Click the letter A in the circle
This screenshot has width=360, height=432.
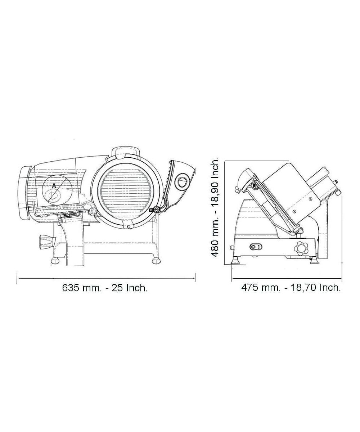(x=54, y=186)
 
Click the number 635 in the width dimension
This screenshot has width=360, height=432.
(x=70, y=288)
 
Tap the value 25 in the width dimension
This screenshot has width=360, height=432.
(x=117, y=288)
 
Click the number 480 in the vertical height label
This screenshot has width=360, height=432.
(x=216, y=248)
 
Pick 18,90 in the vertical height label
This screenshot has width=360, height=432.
(x=216, y=190)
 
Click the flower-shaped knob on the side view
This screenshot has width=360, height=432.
(x=301, y=248)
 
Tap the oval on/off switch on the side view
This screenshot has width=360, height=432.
(x=256, y=247)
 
